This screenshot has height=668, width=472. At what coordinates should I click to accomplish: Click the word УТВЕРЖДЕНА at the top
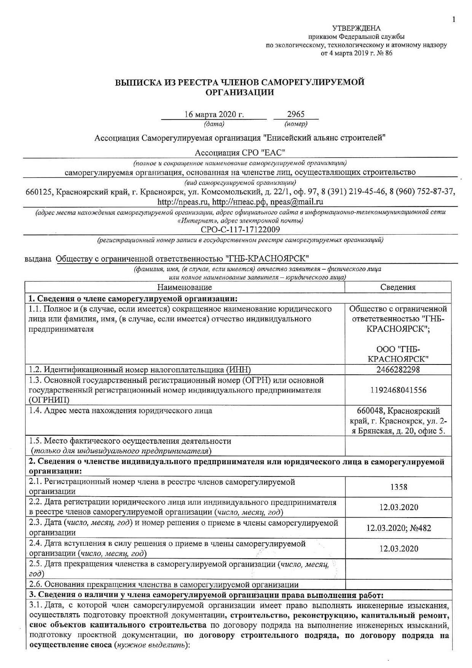(356, 28)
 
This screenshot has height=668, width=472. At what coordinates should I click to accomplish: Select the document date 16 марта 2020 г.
(214, 114)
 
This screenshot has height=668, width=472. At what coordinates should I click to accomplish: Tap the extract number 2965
(296, 114)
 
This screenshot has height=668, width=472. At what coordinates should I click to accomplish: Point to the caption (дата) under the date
(214, 124)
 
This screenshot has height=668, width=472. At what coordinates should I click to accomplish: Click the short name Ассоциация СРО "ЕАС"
(240, 153)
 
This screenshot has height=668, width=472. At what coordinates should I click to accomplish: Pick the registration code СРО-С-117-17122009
(240, 229)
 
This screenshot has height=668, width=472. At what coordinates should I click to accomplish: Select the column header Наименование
(185, 287)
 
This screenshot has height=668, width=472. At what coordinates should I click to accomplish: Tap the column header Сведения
(398, 287)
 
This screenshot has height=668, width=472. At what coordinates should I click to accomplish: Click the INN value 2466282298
(398, 369)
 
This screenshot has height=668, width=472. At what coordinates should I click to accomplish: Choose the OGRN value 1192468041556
(398, 390)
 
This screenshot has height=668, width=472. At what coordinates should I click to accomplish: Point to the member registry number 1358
(399, 487)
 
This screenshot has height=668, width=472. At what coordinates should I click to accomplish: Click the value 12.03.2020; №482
(399, 528)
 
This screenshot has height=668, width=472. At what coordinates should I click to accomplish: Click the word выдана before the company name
(38, 259)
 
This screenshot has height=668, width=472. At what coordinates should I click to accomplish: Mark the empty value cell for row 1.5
(398, 446)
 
